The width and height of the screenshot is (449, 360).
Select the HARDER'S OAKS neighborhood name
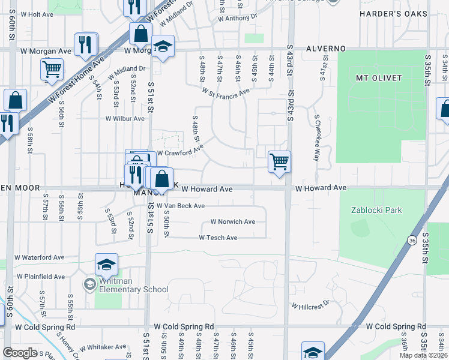pos(394,13)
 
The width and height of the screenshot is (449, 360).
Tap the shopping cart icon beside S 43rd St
pos(280,161)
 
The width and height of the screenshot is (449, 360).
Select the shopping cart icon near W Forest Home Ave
pos(52,69)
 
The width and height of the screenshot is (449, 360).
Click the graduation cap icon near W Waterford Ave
pos(106,265)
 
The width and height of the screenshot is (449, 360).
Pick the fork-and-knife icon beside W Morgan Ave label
pos(86,44)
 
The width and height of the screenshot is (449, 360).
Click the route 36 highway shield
pos(411,240)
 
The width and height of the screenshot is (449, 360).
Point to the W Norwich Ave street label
pos(232,221)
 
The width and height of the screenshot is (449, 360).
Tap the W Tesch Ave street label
pos(218,238)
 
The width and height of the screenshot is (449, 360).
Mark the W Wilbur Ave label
pos(125,118)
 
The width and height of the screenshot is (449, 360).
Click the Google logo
pos(20,353)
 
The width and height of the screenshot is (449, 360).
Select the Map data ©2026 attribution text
pos(423,355)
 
